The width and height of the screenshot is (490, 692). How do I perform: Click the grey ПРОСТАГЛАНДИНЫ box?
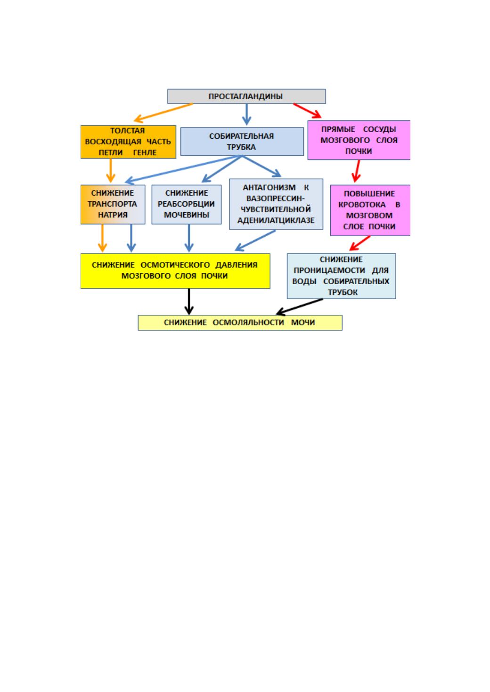coord(246,96)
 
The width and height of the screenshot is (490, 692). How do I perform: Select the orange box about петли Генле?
coord(128,142)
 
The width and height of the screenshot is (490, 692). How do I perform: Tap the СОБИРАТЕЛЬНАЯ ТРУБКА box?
coord(242,142)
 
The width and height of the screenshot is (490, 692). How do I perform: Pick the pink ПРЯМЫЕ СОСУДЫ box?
coord(359,140)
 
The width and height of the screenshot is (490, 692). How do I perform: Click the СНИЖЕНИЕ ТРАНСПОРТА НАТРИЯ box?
coord(113,205)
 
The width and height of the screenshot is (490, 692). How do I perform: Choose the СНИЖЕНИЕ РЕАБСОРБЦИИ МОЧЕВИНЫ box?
coord(186,205)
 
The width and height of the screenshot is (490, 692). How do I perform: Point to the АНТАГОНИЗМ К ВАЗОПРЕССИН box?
coord(276,204)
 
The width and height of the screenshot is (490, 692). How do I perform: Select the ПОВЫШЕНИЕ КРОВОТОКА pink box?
coord(370,210)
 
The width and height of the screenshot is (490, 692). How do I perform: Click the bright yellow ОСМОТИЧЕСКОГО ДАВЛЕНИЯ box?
coord(175,271)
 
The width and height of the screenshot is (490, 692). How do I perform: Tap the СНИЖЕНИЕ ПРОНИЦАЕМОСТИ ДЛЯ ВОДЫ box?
coord(341,276)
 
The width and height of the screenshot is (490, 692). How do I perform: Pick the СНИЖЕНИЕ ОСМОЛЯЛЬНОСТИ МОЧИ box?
coord(240,323)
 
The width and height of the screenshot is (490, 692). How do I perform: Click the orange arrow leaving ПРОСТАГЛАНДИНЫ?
coord(163,112)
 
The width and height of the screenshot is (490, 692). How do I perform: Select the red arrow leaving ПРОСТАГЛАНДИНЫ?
coord(308,111)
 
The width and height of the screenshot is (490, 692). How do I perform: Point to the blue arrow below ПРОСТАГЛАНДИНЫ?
coord(246,114)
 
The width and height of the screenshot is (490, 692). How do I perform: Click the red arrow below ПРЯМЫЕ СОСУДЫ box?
coord(356,171)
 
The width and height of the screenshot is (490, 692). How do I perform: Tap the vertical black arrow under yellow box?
coord(189,302)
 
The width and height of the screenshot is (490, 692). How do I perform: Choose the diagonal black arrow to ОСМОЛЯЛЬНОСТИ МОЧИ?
coord(299,307)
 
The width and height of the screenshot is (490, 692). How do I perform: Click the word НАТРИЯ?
coord(113,215)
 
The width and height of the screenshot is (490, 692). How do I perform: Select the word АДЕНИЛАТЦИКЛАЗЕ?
coord(276,220)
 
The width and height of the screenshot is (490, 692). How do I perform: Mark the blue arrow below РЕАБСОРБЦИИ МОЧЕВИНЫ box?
coord(189,238)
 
